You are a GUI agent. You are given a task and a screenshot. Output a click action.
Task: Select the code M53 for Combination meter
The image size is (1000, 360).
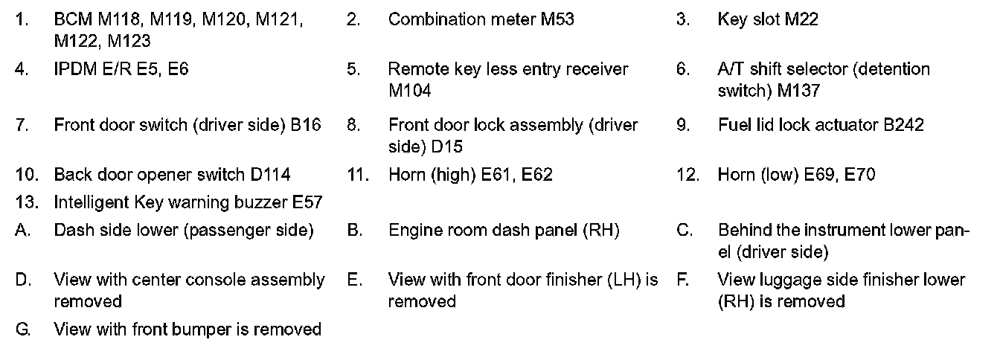click(x=557, y=19)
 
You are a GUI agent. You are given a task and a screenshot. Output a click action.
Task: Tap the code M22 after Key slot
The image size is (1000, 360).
click(x=801, y=19)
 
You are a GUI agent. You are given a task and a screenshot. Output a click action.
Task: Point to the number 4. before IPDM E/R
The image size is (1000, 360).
click(x=22, y=69)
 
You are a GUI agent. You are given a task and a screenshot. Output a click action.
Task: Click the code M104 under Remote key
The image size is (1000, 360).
click(x=409, y=91)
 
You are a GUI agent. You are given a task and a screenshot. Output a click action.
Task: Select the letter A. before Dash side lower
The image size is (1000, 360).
click(x=22, y=231)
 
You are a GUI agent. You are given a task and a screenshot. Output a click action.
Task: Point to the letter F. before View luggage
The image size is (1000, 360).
click(x=682, y=280)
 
